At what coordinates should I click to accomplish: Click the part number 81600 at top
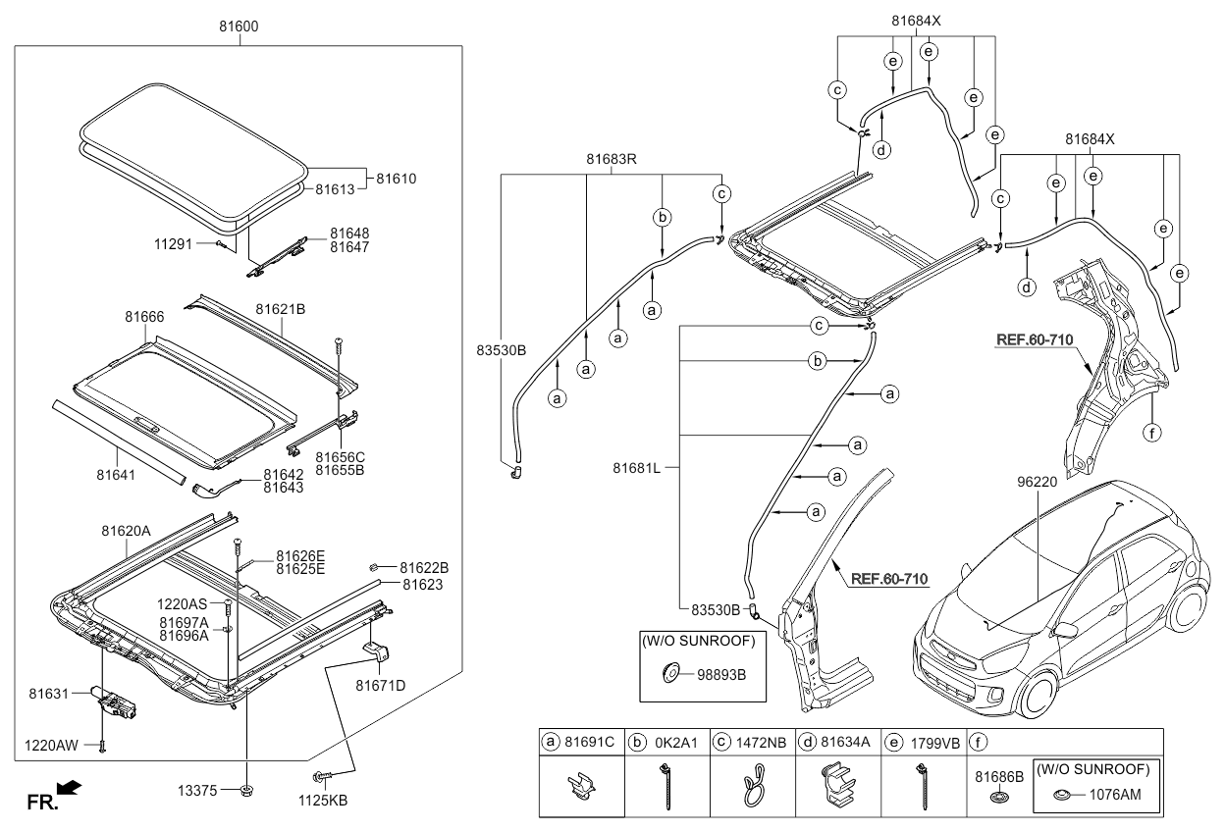(239, 26)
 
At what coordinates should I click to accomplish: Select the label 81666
(144, 317)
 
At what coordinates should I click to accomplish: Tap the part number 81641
(116, 475)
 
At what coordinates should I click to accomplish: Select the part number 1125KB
(323, 800)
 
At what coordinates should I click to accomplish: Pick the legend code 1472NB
(760, 741)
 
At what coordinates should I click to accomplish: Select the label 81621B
(281, 309)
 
